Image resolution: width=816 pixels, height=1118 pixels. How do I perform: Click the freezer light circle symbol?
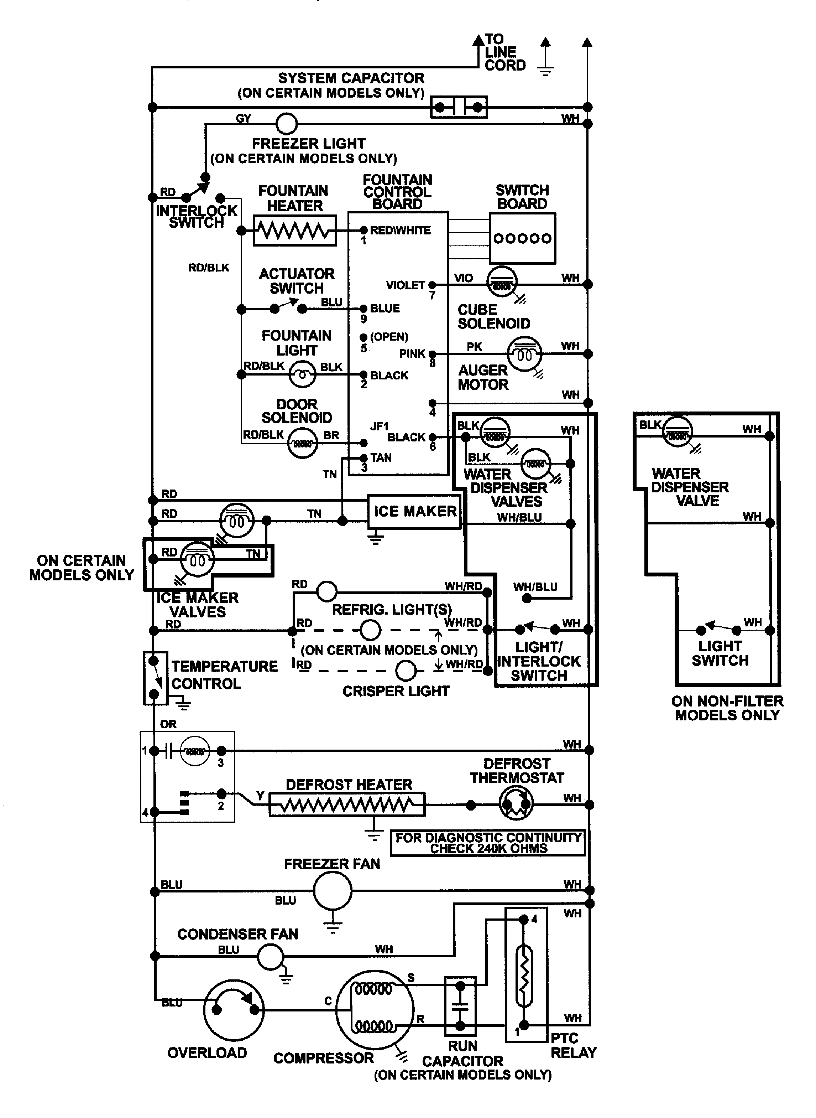coord(286,124)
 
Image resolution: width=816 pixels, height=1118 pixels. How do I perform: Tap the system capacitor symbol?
coord(459,107)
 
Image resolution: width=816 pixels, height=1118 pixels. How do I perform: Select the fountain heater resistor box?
coord(295,230)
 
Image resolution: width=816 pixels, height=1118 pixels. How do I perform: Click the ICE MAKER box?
coord(414,512)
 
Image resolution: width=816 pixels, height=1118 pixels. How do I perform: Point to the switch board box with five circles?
coord(522,238)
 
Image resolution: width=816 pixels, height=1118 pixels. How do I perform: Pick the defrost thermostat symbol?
coord(516,804)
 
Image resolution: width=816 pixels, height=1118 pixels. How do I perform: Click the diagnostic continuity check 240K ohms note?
coord(487,843)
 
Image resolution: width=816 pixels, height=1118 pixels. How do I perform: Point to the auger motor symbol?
coord(524,354)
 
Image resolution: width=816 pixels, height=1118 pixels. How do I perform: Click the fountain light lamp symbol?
coord(302,374)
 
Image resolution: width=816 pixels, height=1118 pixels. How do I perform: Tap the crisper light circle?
coord(406,671)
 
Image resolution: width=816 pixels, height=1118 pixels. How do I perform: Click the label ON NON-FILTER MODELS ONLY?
coord(727,708)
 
